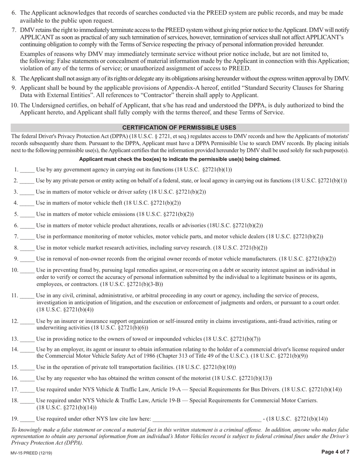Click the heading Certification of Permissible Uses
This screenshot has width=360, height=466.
click(179, 128)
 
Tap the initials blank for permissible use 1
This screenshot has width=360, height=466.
click(27, 170)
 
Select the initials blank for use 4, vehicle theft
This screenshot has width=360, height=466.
click(27, 203)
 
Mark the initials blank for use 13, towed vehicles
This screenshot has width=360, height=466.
click(27, 339)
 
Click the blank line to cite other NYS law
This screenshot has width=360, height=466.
click(206, 419)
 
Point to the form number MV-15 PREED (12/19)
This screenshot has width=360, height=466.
click(32, 453)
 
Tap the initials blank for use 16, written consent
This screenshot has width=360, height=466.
click(27, 378)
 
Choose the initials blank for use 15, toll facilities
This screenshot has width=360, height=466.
click(27, 367)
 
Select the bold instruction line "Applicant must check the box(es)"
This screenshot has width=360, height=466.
click(180, 159)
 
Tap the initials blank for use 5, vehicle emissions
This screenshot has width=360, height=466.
click(27, 215)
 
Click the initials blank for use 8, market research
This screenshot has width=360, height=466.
click(27, 249)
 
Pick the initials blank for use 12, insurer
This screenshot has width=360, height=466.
click(27, 322)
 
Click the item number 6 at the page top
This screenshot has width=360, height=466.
click(14, 13)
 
